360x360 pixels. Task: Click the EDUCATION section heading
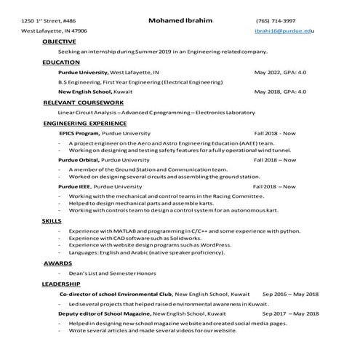click(x=61, y=63)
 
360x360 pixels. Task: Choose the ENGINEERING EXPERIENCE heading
click(x=84, y=124)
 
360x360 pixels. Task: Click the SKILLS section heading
click(x=52, y=219)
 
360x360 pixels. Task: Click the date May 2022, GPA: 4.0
click(x=280, y=73)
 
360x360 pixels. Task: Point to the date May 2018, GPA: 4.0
click(x=280, y=92)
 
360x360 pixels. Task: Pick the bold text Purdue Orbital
click(x=79, y=159)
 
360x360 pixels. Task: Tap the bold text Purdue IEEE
click(x=76, y=186)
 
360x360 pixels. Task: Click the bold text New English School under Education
click(x=85, y=92)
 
